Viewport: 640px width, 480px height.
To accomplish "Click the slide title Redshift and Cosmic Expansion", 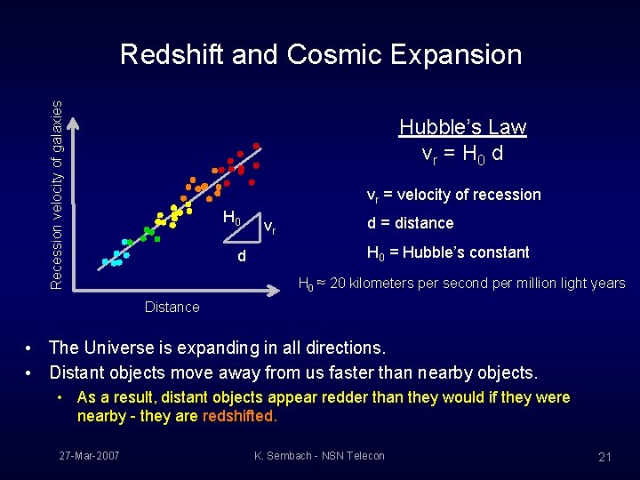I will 320,55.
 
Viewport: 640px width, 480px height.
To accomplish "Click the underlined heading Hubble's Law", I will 462,127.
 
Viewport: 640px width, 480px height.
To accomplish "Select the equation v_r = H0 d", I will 462,153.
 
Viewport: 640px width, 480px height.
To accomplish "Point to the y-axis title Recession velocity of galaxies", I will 57,194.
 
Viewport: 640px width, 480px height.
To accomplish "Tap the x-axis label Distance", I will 172,307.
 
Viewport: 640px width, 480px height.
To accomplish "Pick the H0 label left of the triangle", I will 231,218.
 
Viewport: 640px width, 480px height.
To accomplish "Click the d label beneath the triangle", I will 241,257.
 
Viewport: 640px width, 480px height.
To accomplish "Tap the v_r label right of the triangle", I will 268,227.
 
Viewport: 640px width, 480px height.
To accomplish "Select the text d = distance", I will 410,223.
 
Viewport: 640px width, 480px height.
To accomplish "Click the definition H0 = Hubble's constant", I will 448,252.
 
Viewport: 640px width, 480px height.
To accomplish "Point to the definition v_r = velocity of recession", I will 453,195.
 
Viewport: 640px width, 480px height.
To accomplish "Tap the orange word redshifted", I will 239,416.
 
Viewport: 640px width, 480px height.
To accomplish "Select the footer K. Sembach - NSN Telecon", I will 319,456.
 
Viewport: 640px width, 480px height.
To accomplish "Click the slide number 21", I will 604,457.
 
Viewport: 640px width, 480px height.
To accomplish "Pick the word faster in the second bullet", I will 338,372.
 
